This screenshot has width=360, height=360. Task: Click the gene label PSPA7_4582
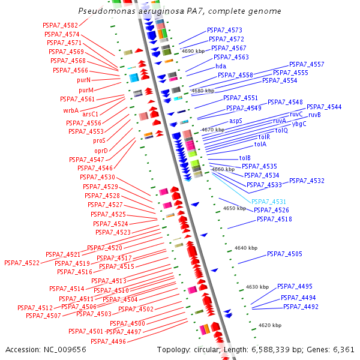point(61,25)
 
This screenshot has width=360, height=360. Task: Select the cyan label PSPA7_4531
point(268,202)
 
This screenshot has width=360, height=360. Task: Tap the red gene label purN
point(84,80)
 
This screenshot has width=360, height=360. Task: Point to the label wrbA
point(71,110)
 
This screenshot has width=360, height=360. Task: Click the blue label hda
point(221,66)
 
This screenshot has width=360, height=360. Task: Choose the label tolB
point(245,158)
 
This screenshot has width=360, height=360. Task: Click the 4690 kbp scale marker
point(193,52)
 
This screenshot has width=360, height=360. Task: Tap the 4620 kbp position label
point(269,325)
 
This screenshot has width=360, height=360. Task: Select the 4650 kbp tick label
point(234,208)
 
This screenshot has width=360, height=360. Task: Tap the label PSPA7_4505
point(284,254)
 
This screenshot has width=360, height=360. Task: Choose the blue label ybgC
point(299,124)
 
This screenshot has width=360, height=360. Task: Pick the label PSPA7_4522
point(22,263)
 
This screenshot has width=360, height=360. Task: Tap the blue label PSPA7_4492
point(301,307)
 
